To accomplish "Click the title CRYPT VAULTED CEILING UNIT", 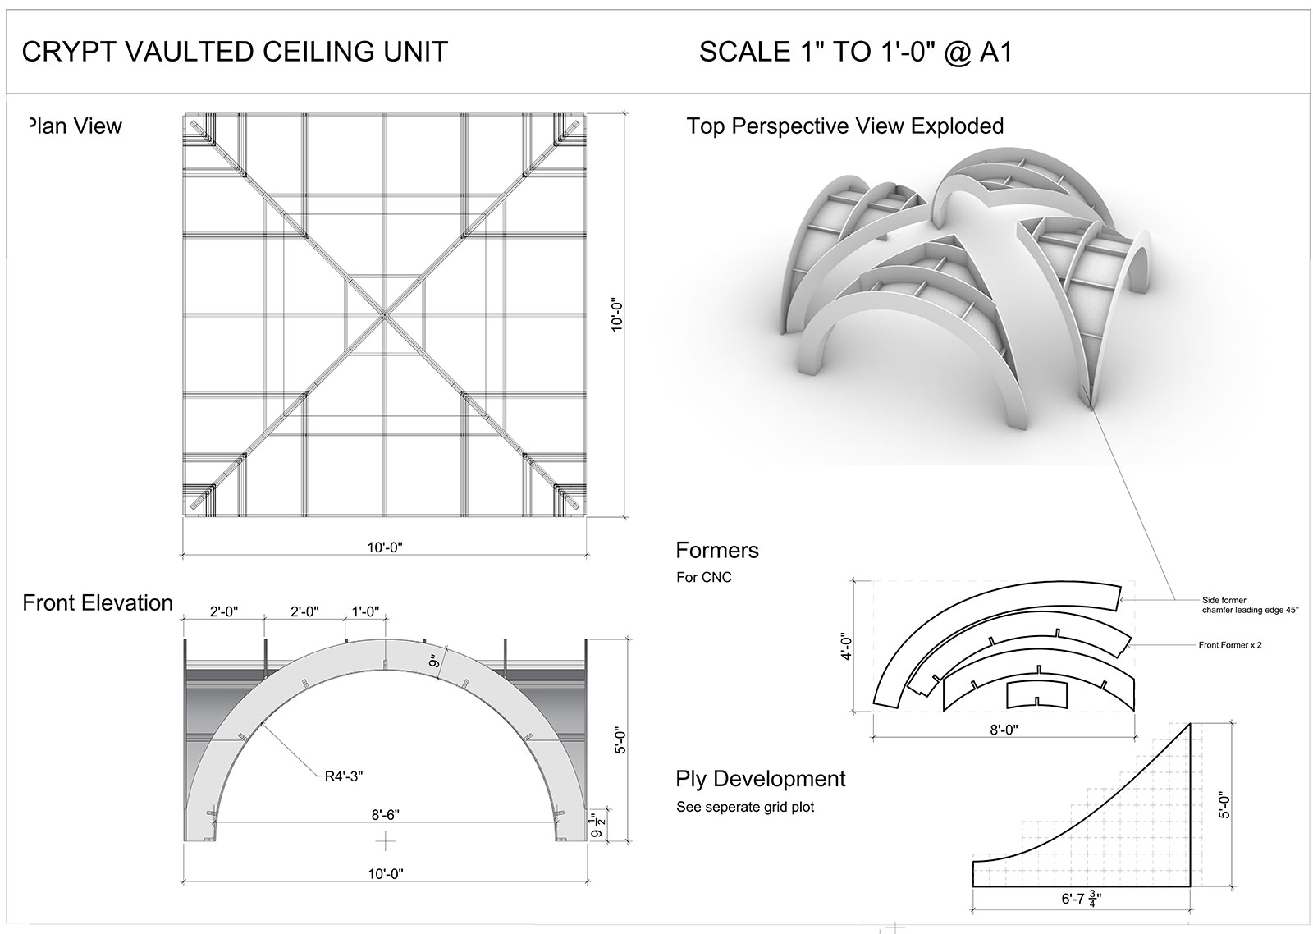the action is (x=235, y=52).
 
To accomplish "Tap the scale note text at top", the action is (x=856, y=52).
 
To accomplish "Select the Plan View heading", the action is (x=75, y=126).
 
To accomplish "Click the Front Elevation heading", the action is (x=98, y=602).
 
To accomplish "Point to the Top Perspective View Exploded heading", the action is (x=844, y=126).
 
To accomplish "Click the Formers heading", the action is (x=717, y=550).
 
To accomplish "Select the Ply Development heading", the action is (x=760, y=779).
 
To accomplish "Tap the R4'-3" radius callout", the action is (x=344, y=776).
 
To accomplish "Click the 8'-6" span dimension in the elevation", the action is (x=385, y=814).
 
